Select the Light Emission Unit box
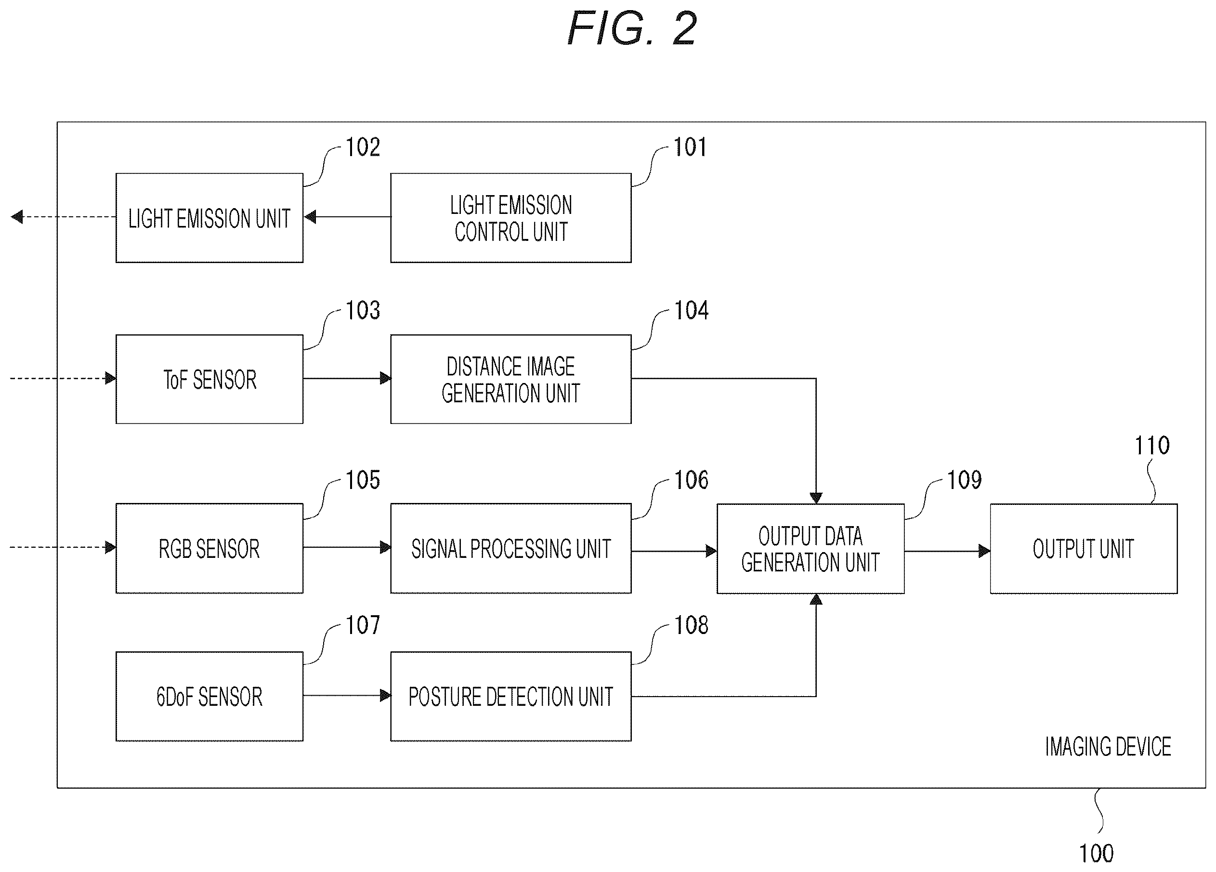click(209, 218)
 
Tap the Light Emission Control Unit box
click(510, 218)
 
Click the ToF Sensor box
click(209, 379)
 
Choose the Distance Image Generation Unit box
click(510, 379)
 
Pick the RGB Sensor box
click(209, 548)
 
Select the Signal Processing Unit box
click(510, 548)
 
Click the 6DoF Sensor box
click(209, 696)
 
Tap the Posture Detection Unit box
click(510, 696)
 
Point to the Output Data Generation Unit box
click(811, 549)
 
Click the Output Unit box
click(1084, 549)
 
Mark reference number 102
click(363, 147)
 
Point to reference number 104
click(691, 311)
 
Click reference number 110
click(1151, 446)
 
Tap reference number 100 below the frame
click(1097, 853)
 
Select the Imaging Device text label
click(1108, 747)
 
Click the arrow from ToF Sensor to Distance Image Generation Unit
click(347, 378)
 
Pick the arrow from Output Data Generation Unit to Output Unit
click(947, 551)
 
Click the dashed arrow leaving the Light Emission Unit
click(63, 217)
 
